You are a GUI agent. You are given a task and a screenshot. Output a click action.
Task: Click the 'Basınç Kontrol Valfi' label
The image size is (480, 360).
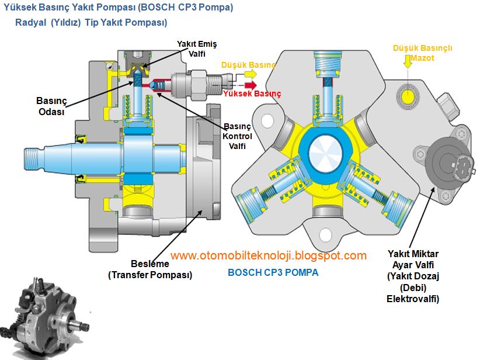[237, 136]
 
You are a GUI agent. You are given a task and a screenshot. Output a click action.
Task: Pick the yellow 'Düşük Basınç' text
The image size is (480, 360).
[248, 65]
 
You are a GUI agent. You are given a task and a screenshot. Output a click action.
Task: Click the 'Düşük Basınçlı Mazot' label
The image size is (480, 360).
[423, 53]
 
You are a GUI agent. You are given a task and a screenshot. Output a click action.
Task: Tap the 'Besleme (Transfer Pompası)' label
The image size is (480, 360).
[150, 269]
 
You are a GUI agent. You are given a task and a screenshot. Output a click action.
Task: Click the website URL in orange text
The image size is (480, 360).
[269, 255]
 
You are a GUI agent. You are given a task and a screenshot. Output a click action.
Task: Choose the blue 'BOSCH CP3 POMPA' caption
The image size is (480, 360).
[273, 272]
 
